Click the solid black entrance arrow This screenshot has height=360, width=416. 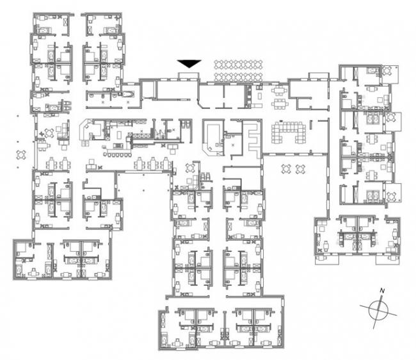pyautogui.click(x=189, y=64)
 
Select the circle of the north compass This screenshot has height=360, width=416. pyautogui.click(x=378, y=311)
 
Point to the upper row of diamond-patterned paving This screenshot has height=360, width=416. pyautogui.click(x=238, y=65)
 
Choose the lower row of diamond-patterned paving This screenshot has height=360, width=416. pyautogui.click(x=238, y=77)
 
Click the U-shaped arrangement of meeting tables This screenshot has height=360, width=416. pyautogui.click(x=289, y=132)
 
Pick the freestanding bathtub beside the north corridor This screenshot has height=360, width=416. pyautogui.click(x=129, y=95)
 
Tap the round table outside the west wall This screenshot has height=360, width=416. pyautogui.click(x=21, y=154)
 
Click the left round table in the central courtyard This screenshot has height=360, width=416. pyautogui.click(x=286, y=169)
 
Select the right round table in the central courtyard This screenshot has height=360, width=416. pyautogui.click(x=301, y=169)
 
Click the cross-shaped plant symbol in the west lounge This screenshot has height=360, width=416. pyautogui.click(x=42, y=134)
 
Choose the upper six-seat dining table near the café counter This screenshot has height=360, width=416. pyautogui.click(x=279, y=91)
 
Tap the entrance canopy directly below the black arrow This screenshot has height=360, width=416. pyautogui.click(x=188, y=76)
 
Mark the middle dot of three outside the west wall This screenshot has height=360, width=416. pyautogui.click(x=18, y=142)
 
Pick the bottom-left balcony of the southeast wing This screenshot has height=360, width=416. pyautogui.click(x=327, y=259)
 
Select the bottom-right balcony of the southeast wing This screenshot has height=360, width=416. pyautogui.click(x=388, y=259)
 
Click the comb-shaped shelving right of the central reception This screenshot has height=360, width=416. pyautogui.click(x=253, y=140)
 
